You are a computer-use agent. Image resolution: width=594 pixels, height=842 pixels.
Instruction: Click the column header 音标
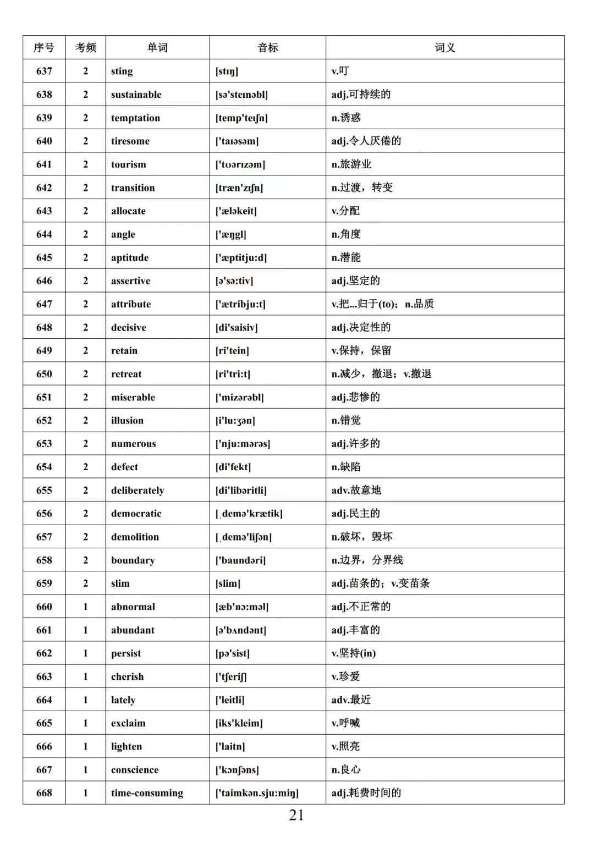pyautogui.click(x=267, y=48)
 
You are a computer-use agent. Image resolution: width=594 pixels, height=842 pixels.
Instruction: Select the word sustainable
pyautogui.click(x=136, y=95)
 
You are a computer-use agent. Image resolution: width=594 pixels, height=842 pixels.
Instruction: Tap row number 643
pyautogui.click(x=44, y=211)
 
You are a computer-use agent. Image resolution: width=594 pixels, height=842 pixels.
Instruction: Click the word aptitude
pyautogui.click(x=130, y=257)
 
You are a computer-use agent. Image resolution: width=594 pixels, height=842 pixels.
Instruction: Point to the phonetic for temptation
pyautogui.click(x=241, y=118)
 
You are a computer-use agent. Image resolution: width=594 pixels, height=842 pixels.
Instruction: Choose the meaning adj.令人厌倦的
pyautogui.click(x=366, y=141)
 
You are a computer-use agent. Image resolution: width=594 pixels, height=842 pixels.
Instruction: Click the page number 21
pyautogui.click(x=296, y=815)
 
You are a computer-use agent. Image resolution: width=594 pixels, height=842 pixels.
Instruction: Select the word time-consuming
pyautogui.click(x=147, y=793)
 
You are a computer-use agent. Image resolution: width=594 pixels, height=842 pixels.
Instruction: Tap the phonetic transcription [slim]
pyautogui.click(x=228, y=583)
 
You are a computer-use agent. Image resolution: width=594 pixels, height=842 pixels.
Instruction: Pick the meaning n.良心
pyautogui.click(x=346, y=769)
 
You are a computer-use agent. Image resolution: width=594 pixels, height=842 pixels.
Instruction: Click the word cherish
pyautogui.click(x=127, y=676)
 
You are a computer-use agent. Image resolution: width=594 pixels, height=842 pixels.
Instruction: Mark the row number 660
pyautogui.click(x=44, y=607)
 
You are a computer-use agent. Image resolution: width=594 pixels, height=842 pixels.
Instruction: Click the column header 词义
pyautogui.click(x=444, y=48)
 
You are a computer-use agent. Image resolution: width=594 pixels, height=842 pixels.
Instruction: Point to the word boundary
pyautogui.click(x=133, y=560)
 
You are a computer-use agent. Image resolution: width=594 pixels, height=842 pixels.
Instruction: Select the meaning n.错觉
pyautogui.click(x=346, y=420)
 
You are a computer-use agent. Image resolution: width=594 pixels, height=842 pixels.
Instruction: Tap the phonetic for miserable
pyautogui.click(x=239, y=397)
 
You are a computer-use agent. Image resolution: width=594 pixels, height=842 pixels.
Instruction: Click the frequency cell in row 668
pyautogui.click(x=85, y=793)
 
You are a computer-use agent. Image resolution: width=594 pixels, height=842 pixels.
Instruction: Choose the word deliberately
pyautogui.click(x=137, y=490)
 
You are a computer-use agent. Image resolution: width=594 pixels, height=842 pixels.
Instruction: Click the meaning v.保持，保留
pyautogui.click(x=361, y=350)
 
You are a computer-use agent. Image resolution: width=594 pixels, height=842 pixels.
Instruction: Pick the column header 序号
pyautogui.click(x=44, y=48)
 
